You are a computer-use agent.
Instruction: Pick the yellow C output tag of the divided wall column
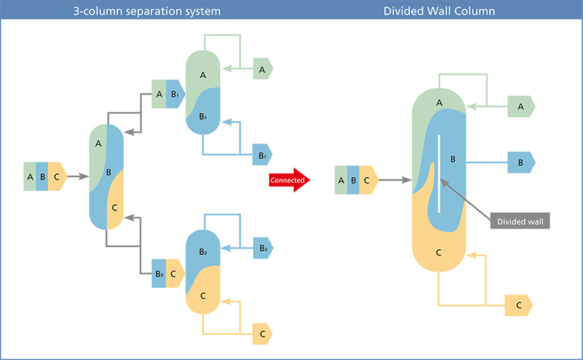pos(519,305)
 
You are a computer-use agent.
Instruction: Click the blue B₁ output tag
pos(262,154)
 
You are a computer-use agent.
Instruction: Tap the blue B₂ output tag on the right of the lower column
pos(262,248)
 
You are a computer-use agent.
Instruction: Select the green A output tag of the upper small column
pos(262,69)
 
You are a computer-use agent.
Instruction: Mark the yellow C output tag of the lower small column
pos(262,334)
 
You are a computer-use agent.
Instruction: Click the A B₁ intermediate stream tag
pos(166,94)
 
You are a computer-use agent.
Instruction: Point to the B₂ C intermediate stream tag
pos(166,274)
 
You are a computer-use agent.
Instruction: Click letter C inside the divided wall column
pos(439,252)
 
